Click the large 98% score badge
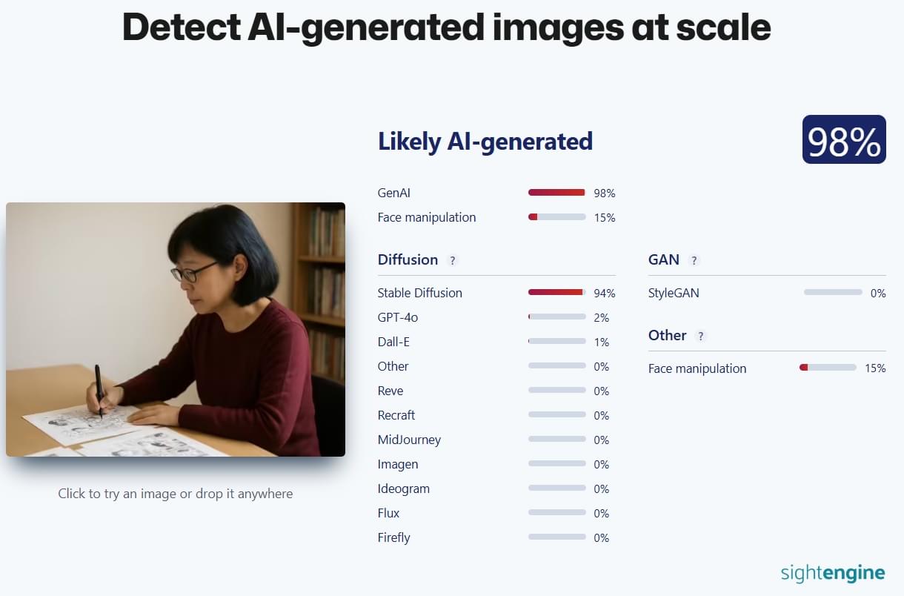pyautogui.click(x=844, y=139)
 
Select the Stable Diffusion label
pyautogui.click(x=419, y=293)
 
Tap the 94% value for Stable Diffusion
pyautogui.click(x=604, y=293)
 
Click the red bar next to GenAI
pyautogui.click(x=556, y=193)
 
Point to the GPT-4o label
pyautogui.click(x=397, y=317)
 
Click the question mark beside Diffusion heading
pyautogui.click(x=453, y=260)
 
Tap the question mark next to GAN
pyautogui.click(x=694, y=260)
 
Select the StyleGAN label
pyautogui.click(x=674, y=293)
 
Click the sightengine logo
pyautogui.click(x=833, y=573)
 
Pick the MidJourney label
pyautogui.click(x=409, y=440)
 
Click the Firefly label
pyautogui.click(x=394, y=537)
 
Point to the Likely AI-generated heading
pyautogui.click(x=485, y=142)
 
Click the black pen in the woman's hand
pyautogui.click(x=99, y=391)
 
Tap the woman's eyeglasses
pyautogui.click(x=193, y=272)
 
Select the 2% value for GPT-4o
pyautogui.click(x=601, y=318)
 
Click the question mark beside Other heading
pyautogui.click(x=701, y=336)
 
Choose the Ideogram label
pyautogui.click(x=404, y=489)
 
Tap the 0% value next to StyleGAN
pyautogui.click(x=878, y=293)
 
